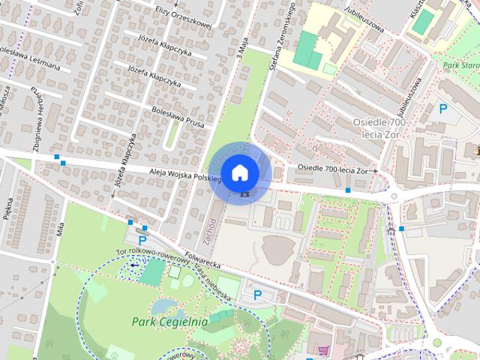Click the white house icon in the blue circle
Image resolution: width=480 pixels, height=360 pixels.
pyautogui.click(x=239, y=172)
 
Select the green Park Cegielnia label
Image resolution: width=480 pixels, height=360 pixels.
pyautogui.click(x=169, y=322)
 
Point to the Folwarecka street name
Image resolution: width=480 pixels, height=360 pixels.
pyautogui.click(x=198, y=262)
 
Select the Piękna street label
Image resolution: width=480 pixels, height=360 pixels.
pyautogui.click(x=10, y=211)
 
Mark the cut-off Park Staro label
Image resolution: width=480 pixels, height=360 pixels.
pyautogui.click(x=460, y=65)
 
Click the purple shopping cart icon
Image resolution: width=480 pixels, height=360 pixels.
pyautogui.click(x=324, y=350)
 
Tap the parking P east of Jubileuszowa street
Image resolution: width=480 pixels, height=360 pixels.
pyautogui.click(x=442, y=109)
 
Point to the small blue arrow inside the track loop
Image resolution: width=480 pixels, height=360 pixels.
pyautogui.click(x=134, y=265)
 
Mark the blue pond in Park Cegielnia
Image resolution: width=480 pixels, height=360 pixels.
pyautogui.click(x=165, y=306)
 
